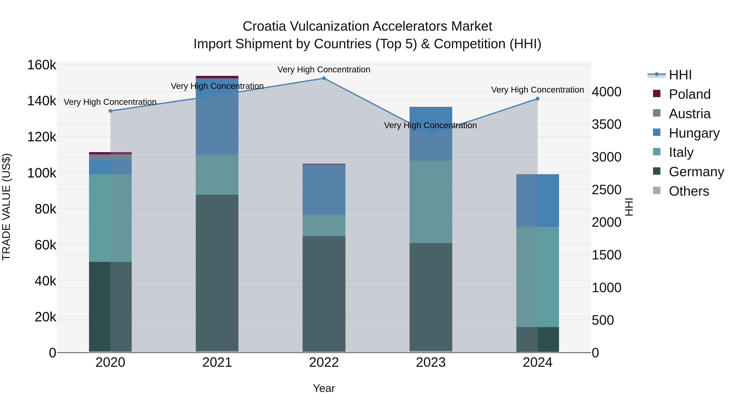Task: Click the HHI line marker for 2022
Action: pyautogui.click(x=324, y=78)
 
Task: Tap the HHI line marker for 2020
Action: pyautogui.click(x=110, y=111)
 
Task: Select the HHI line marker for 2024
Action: pyautogui.click(x=538, y=99)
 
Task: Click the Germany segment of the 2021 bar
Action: pyautogui.click(x=217, y=273)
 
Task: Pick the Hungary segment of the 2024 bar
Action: pyautogui.click(x=538, y=201)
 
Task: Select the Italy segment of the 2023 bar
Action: pyautogui.click(x=431, y=202)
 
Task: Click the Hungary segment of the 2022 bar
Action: pyautogui.click(x=324, y=190)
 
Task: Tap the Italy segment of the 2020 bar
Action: pyautogui.click(x=110, y=218)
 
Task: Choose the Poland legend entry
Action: pyautogui.click(x=689, y=94)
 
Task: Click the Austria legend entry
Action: pyautogui.click(x=689, y=114)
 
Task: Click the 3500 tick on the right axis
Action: pyautogui.click(x=606, y=125)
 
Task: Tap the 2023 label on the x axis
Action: pyautogui.click(x=431, y=362)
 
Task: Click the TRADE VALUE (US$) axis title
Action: pyautogui.click(x=6, y=207)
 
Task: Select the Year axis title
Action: pyautogui.click(x=324, y=388)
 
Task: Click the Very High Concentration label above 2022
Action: pyautogui.click(x=324, y=70)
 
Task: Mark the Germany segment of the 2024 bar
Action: pyautogui.click(x=538, y=339)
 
